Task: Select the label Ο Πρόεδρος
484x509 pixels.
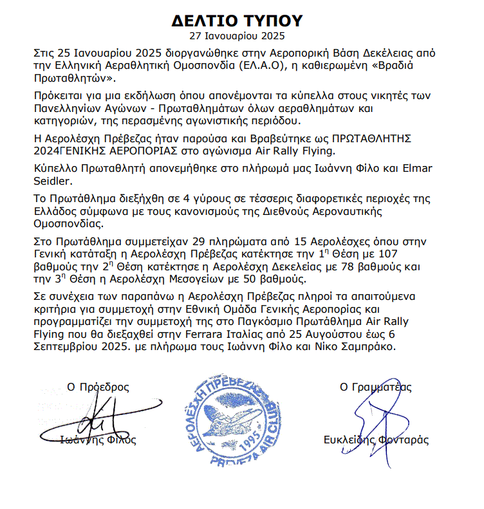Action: click(x=98, y=387)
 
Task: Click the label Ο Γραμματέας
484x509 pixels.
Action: click(x=376, y=387)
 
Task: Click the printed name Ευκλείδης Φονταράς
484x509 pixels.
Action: click(x=377, y=441)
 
